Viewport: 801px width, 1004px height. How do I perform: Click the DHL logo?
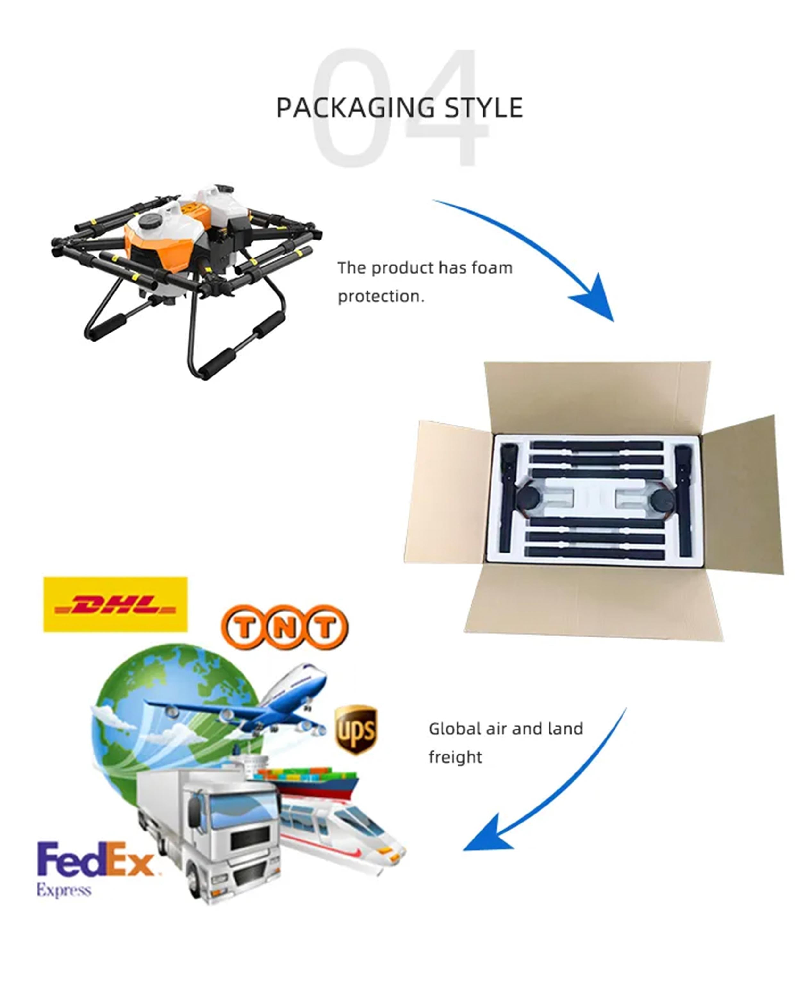click(115, 604)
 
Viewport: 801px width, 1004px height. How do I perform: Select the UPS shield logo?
click(356, 730)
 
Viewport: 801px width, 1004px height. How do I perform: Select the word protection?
click(381, 297)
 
